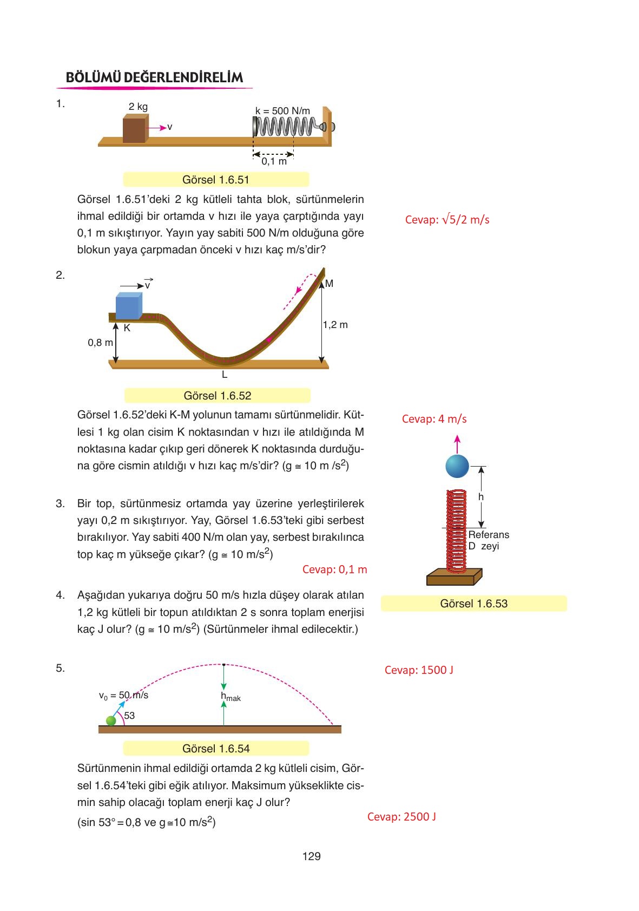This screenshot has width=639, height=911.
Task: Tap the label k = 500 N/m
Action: tap(282, 111)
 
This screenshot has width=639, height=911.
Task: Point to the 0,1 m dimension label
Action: tap(274, 161)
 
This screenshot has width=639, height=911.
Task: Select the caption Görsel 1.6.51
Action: tap(216, 180)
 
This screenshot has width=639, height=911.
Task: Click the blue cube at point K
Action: tap(129, 306)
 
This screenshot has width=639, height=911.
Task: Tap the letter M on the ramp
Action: tap(329, 284)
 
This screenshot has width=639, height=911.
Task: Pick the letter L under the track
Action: tap(224, 375)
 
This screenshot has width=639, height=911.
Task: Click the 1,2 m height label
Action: tap(335, 325)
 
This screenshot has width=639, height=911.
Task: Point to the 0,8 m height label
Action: tap(100, 343)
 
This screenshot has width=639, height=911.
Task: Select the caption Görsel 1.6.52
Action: tap(218, 396)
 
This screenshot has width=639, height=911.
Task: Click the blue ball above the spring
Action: tap(457, 466)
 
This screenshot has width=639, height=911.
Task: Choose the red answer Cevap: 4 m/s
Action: tap(434, 419)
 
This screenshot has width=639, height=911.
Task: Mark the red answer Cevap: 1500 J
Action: tap(419, 670)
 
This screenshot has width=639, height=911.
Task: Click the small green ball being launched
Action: tap(111, 720)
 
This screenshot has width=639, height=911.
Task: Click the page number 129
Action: tap(312, 856)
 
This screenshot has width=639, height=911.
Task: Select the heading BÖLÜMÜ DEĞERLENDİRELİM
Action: tap(154, 77)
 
